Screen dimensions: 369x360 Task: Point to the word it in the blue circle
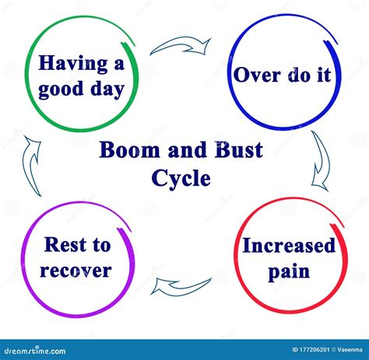click(x=324, y=75)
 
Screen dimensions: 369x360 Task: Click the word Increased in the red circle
click(x=289, y=246)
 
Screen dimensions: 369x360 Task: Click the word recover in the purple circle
click(x=76, y=271)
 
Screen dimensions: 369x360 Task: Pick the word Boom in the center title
click(x=129, y=150)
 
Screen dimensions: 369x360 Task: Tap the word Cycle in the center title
click(x=181, y=179)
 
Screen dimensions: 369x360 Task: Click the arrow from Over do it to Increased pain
click(x=322, y=161)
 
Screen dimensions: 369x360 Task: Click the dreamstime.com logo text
click(x=35, y=351)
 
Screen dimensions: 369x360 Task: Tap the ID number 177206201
click(x=311, y=350)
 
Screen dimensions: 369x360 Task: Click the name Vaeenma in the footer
click(x=350, y=350)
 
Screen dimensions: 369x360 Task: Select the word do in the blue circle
click(x=299, y=75)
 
